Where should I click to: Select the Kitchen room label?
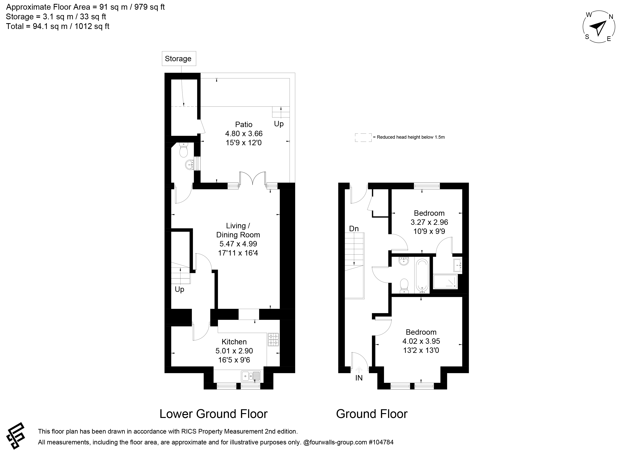[234, 342]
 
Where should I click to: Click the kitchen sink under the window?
[251, 376]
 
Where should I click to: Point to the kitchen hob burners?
[273, 339]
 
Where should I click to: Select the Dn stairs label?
[354, 228]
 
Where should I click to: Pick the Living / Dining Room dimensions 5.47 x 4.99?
[238, 244]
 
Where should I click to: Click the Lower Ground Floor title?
[214, 414]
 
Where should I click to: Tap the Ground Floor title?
[372, 414]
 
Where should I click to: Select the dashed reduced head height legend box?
[363, 138]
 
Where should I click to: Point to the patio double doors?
[253, 178]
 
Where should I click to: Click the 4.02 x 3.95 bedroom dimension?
[421, 341]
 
